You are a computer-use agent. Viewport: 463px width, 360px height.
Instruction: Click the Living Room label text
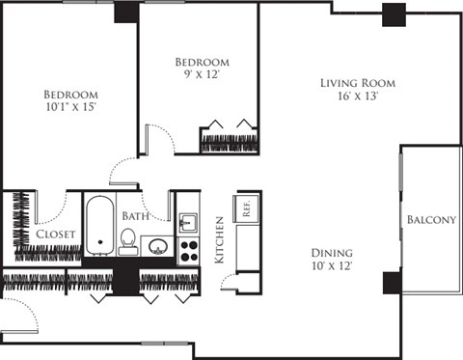tap(357, 83)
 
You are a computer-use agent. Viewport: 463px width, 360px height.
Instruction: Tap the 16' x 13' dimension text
tap(357, 97)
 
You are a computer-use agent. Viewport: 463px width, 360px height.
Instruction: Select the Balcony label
tap(431, 220)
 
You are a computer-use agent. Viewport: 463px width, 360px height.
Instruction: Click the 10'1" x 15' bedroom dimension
tap(70, 108)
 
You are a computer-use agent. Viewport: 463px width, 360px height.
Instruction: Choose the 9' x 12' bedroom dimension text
tap(203, 76)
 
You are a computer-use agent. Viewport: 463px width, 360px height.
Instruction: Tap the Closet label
tap(56, 235)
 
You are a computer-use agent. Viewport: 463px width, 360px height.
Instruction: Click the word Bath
tap(134, 216)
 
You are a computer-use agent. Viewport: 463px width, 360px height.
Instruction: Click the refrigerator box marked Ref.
tap(248, 208)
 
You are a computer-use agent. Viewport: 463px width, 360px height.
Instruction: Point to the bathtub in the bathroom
tap(98, 224)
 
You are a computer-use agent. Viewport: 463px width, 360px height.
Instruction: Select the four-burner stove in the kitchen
tap(188, 251)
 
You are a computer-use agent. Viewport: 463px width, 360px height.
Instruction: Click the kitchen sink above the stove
tap(188, 224)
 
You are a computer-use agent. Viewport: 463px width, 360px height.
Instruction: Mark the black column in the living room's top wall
tap(393, 14)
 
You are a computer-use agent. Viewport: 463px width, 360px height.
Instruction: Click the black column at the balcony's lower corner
tap(392, 283)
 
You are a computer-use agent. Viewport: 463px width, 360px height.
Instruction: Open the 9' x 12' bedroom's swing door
tap(158, 140)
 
